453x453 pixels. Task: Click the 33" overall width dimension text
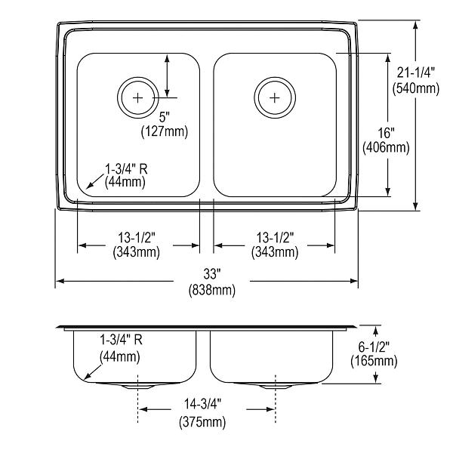point(212,274)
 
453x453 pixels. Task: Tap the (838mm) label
point(212,289)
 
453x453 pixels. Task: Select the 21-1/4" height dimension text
point(416,72)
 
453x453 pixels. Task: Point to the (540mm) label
point(416,88)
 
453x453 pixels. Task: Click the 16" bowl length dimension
point(387,133)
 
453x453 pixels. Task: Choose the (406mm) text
point(387,148)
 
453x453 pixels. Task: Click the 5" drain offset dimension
point(165,117)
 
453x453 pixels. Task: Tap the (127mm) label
point(165,131)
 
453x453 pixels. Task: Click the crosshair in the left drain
point(138,98)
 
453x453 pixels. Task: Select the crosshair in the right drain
point(275,98)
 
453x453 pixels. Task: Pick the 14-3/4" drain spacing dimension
point(203,404)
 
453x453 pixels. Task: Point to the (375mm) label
point(202,422)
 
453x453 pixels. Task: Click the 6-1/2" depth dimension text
point(374,347)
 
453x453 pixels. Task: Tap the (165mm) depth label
point(374,361)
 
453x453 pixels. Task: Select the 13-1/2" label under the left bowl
point(137,238)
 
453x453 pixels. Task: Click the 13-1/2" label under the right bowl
point(275,238)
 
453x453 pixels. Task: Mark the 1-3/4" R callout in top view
point(126,169)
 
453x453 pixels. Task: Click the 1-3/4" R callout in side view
point(121,340)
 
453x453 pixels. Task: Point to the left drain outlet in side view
point(138,387)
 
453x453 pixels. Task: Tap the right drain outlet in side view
point(275,387)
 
